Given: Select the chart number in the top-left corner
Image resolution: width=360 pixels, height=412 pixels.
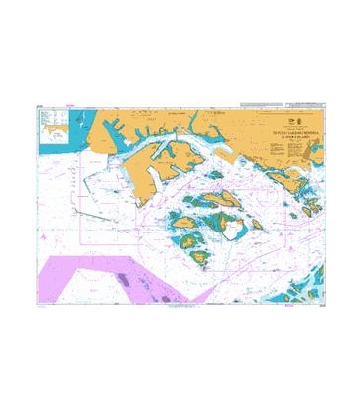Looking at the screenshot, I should point(36,107).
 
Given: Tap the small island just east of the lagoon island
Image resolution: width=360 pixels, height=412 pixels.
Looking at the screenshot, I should point(258,225).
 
